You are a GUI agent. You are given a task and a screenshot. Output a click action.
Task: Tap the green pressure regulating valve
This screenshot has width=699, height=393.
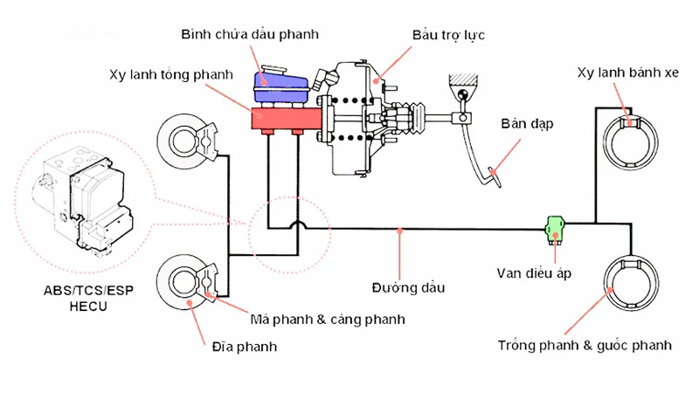point(554,230)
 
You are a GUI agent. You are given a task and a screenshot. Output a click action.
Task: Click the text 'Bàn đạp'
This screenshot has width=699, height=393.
point(527,124)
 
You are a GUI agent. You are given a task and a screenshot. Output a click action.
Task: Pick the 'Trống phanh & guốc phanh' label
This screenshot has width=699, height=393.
point(585,345)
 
